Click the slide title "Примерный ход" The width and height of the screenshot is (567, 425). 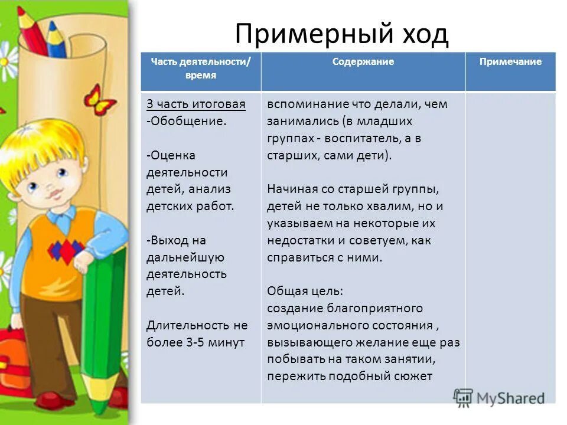pos(341,35)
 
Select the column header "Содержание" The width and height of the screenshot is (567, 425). pos(363,62)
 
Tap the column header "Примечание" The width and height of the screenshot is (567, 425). pos(510,62)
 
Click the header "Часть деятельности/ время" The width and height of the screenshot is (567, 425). pos(200,68)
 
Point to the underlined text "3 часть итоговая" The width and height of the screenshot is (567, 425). pos(195,104)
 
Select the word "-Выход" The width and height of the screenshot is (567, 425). pos(169,240)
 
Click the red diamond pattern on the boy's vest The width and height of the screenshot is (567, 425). pos(65,250)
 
